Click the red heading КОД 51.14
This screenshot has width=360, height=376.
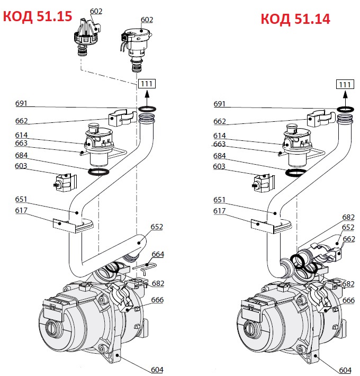tap(295, 19)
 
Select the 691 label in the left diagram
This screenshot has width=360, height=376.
tap(21, 103)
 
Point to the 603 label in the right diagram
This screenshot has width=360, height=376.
tap(219, 167)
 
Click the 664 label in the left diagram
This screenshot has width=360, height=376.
tap(158, 254)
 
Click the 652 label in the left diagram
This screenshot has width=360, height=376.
tap(157, 227)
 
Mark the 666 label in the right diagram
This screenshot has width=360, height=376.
tap(348, 300)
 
